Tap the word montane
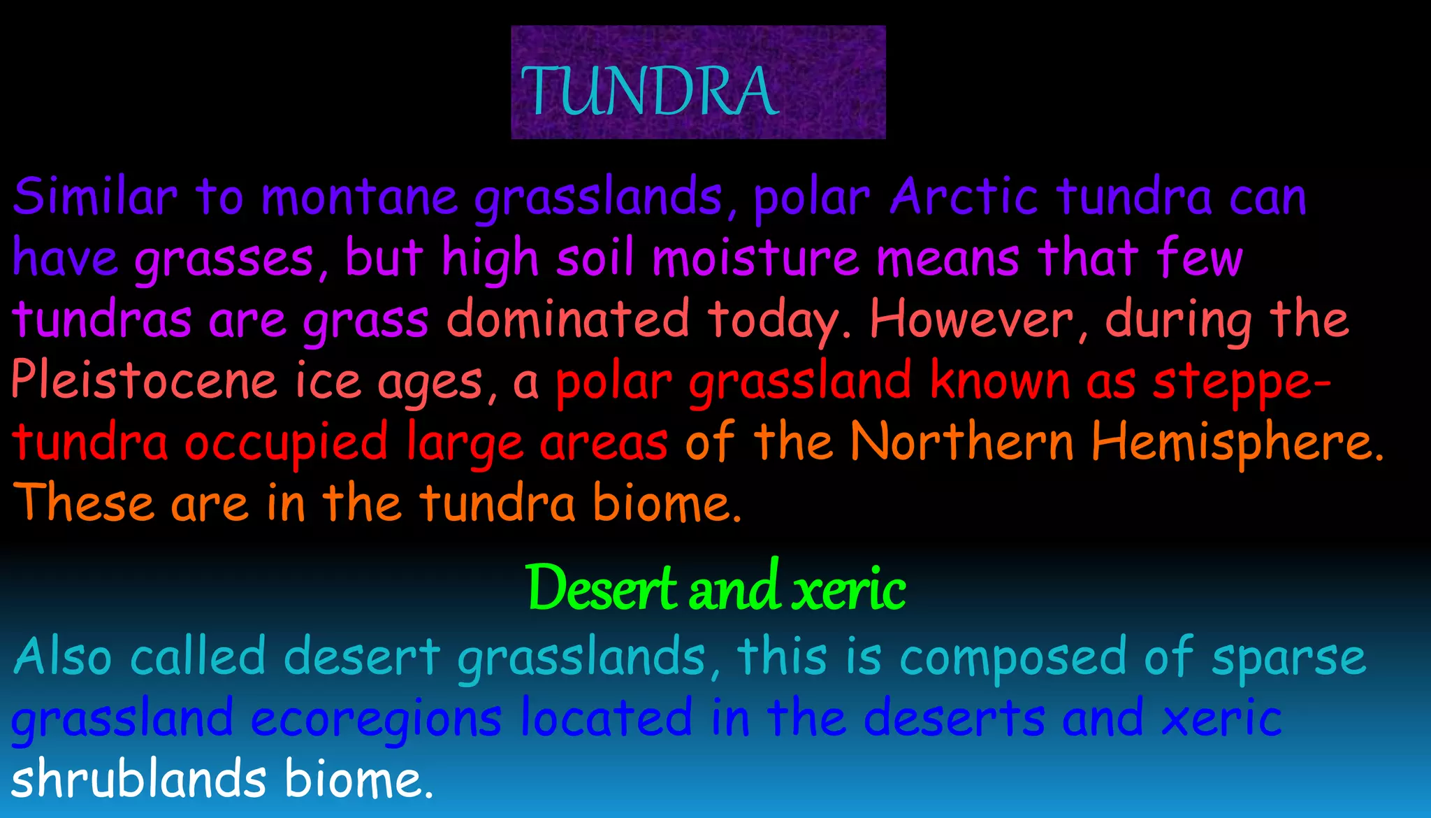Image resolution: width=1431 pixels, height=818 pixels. (x=360, y=198)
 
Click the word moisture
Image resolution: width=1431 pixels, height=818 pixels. (x=755, y=258)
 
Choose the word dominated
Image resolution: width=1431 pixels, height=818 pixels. (x=567, y=319)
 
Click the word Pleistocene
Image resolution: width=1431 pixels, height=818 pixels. (x=144, y=380)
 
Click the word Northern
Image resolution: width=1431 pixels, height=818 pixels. (x=962, y=442)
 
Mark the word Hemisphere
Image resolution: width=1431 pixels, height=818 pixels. (x=1237, y=442)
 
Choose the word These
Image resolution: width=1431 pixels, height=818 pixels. (x=83, y=503)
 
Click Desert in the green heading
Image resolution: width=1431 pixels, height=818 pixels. (x=601, y=588)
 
